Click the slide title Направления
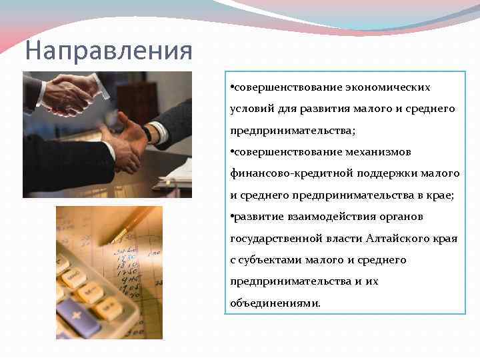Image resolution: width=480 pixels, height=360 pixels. coord(108,50)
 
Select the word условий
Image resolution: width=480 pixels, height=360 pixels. coord(250,109)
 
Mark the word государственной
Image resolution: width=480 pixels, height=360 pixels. coord(273,238)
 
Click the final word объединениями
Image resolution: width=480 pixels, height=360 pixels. coord(275,303)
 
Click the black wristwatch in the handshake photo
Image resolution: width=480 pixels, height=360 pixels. coord(147,133)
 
